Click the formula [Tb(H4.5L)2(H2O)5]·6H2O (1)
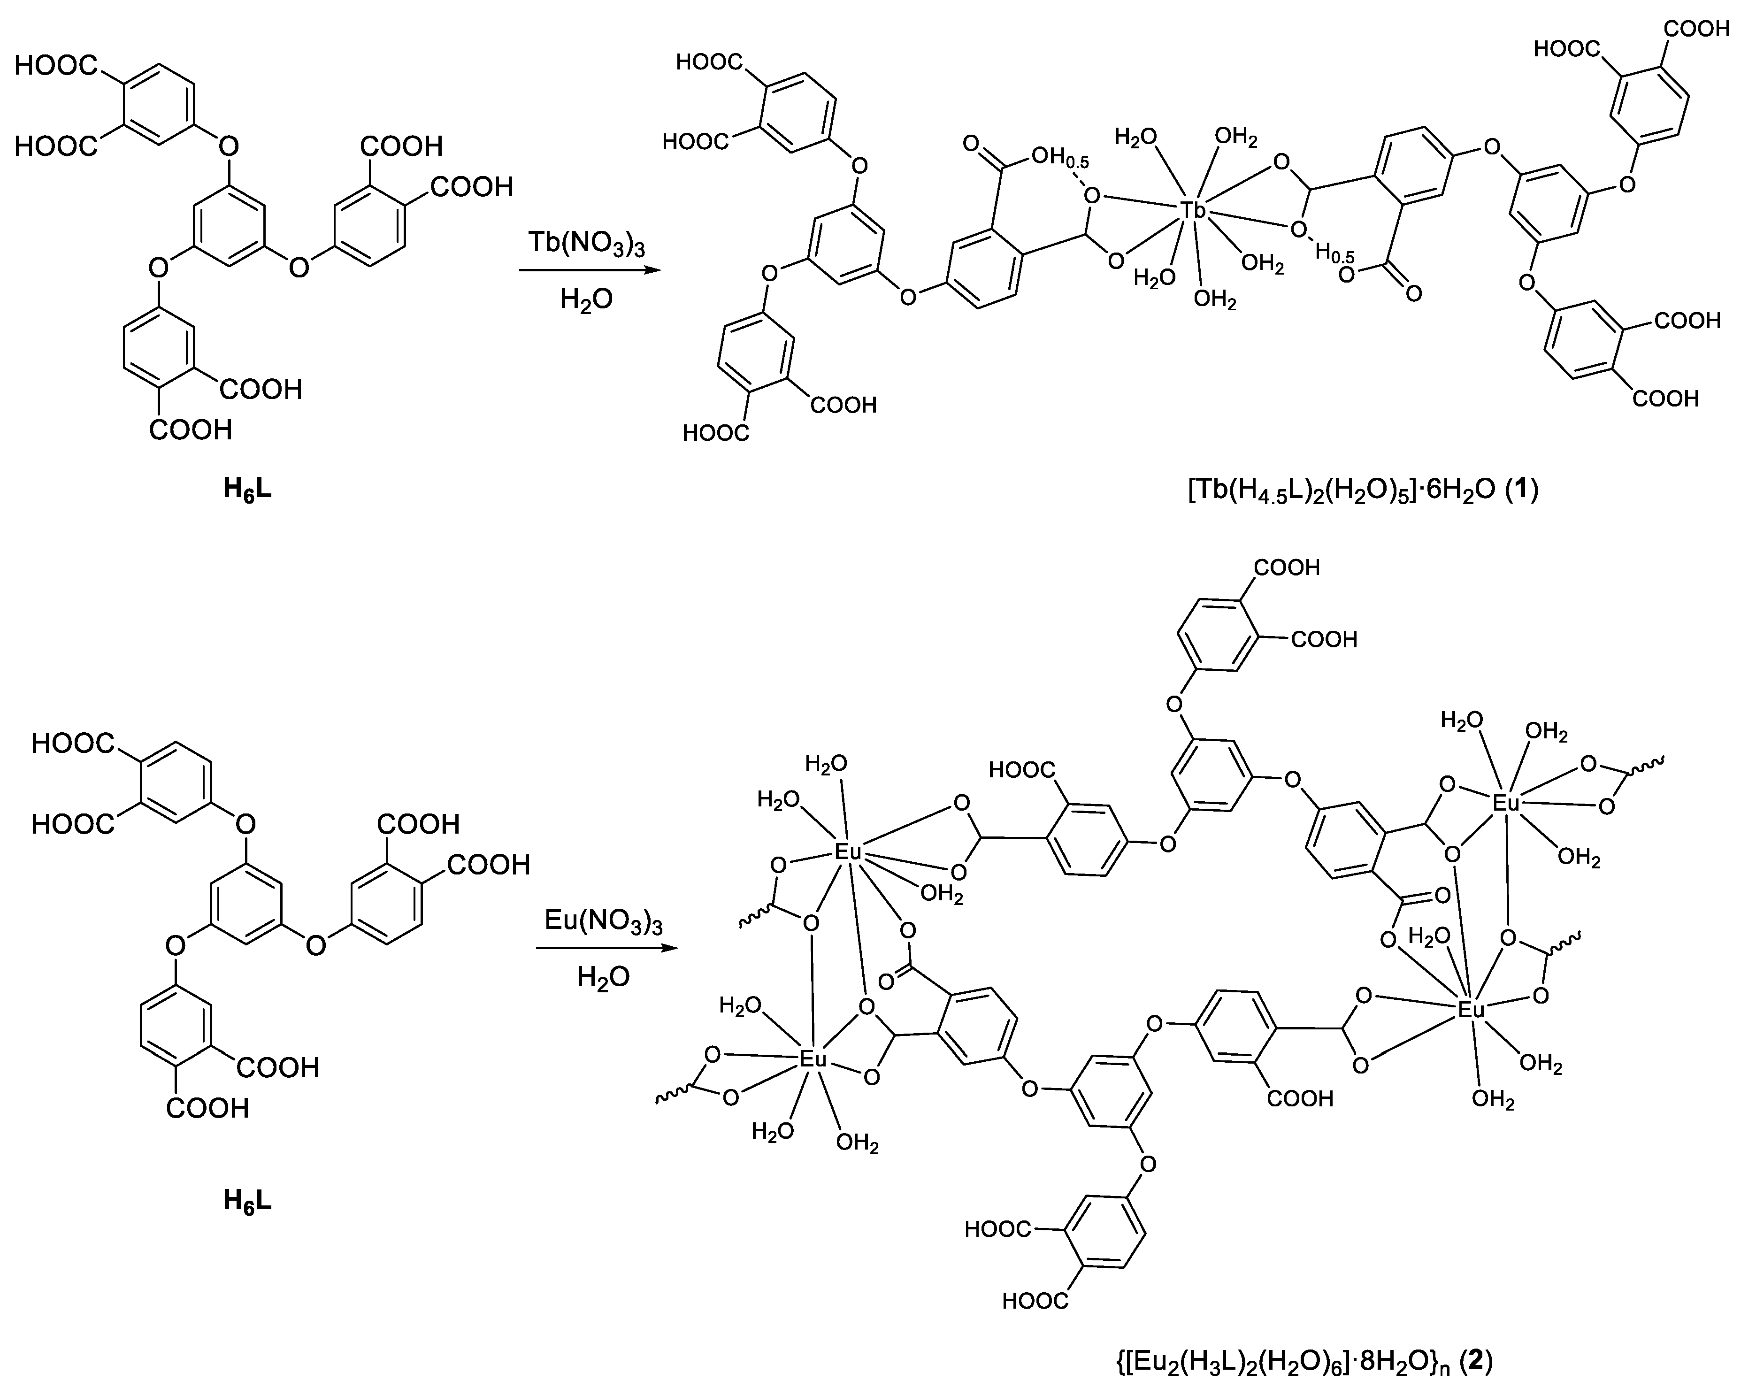[x=1363, y=491]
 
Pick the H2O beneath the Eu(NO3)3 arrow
[x=603, y=976]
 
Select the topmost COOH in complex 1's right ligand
[x=1697, y=29]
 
